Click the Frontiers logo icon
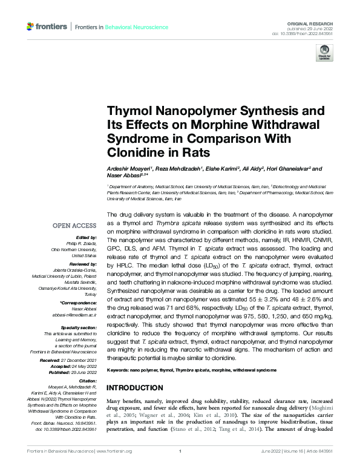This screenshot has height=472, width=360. coord(31,27)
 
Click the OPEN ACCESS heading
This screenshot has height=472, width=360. coord(74,226)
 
